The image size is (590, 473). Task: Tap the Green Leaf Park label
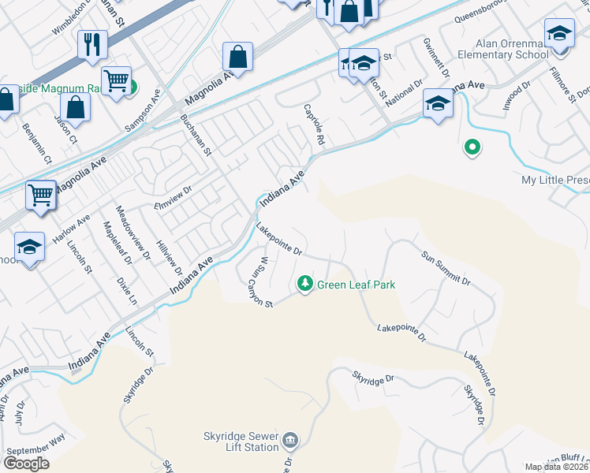pyautogui.click(x=356, y=285)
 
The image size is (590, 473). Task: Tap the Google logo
pyautogui.click(x=26, y=464)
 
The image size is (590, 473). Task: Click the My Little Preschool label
pyautogui.click(x=555, y=181)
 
